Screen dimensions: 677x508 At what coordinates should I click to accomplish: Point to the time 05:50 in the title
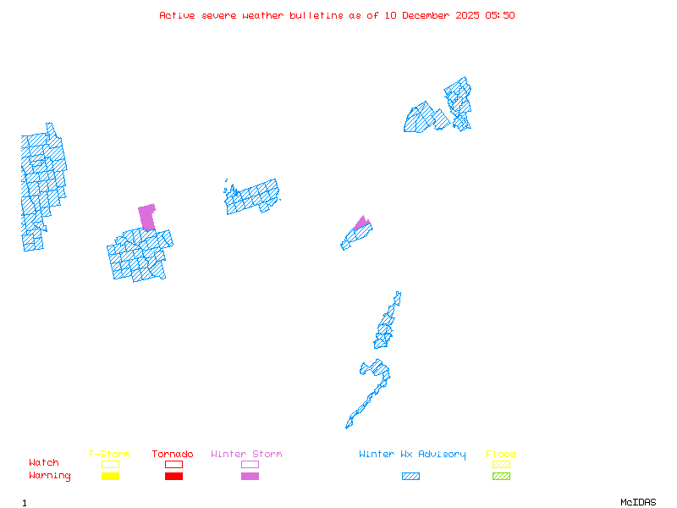(x=499, y=15)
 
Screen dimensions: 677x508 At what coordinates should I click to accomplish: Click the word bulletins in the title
(x=316, y=15)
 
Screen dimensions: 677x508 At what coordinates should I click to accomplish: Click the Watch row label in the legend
(x=44, y=463)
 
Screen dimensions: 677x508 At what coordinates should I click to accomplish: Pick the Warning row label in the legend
(x=50, y=476)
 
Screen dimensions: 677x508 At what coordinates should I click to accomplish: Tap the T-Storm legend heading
(x=109, y=455)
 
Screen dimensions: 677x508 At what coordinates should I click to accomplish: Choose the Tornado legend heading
(x=173, y=455)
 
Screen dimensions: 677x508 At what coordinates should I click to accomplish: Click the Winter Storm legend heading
(x=246, y=455)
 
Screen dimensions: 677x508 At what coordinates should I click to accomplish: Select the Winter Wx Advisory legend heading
(x=412, y=455)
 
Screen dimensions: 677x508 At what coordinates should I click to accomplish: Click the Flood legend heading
(x=501, y=455)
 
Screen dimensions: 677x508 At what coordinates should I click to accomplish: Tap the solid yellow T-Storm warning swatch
(x=110, y=476)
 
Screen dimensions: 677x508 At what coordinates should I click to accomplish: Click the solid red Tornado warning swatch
(x=173, y=476)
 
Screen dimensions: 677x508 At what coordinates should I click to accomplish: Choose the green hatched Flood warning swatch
(x=501, y=476)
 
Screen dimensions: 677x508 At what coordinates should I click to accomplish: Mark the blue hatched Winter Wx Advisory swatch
(x=410, y=476)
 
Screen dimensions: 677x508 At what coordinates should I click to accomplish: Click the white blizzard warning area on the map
(x=400, y=306)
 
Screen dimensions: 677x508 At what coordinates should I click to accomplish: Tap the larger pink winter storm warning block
(x=148, y=216)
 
